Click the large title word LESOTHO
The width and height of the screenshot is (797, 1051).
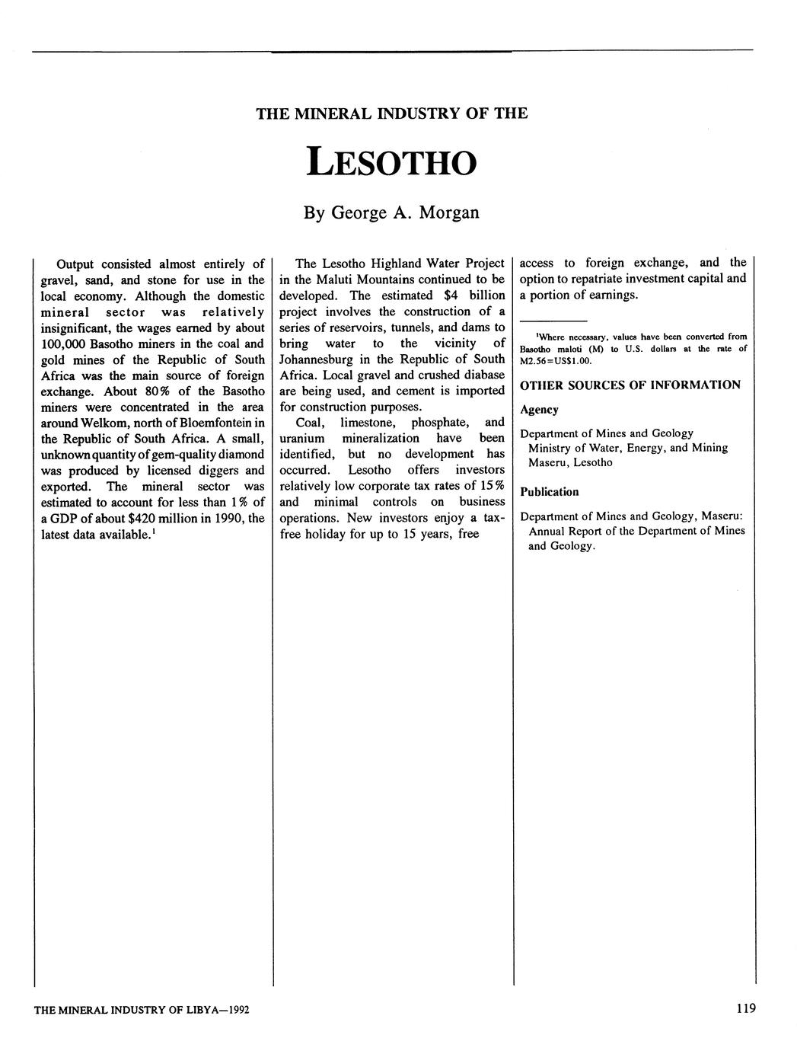point(391,161)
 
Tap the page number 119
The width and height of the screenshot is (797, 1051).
point(746,1008)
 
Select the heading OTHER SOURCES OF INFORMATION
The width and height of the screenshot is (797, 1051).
point(630,385)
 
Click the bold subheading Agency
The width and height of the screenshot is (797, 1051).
point(539,410)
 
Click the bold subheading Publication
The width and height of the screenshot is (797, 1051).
point(549,492)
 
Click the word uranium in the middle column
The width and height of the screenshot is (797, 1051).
point(302,439)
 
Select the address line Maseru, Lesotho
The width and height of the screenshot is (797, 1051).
point(570,463)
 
